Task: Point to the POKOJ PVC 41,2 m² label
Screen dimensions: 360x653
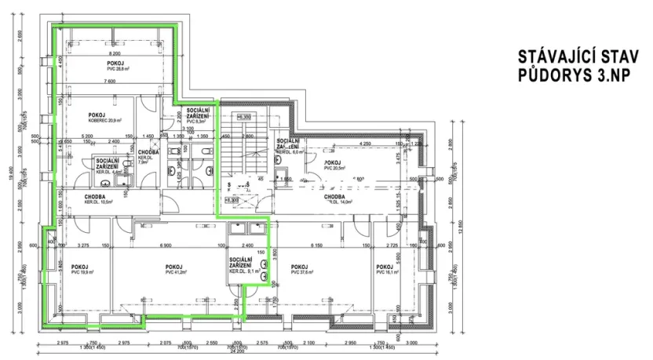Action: [x=174, y=269]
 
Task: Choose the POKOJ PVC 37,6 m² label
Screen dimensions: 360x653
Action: [x=301, y=269]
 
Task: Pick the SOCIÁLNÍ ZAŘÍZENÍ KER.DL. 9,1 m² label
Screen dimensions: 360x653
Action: [x=240, y=266]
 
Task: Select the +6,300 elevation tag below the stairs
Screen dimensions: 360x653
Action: [x=231, y=200]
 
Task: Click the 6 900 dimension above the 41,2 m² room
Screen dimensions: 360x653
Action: [x=165, y=246]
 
